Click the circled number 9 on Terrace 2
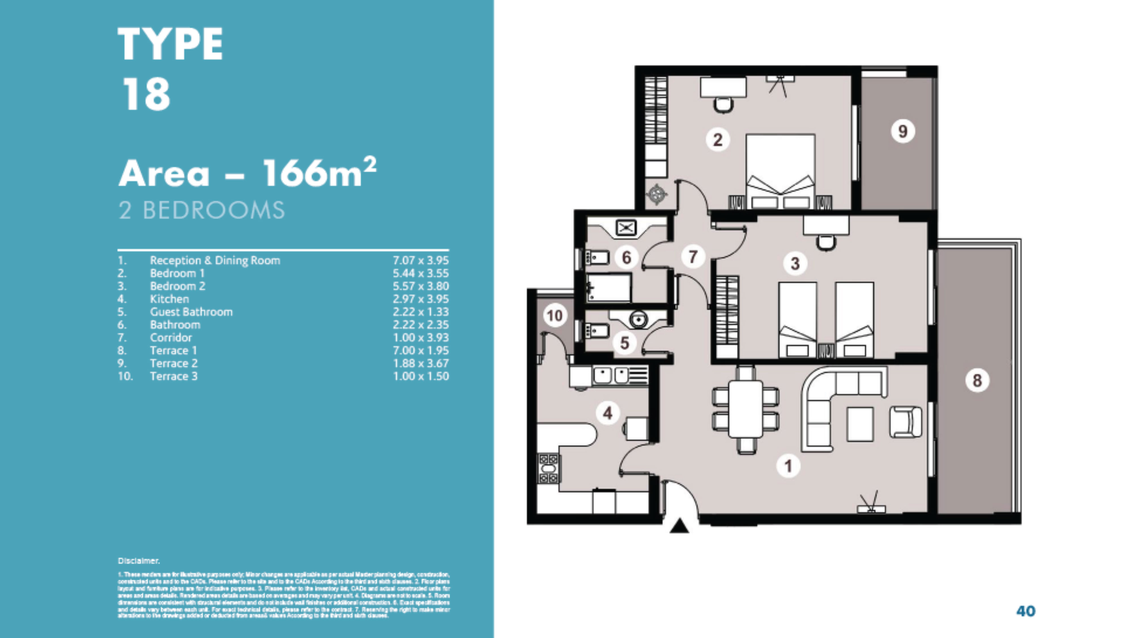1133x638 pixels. [902, 131]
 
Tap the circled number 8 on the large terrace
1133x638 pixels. [977, 380]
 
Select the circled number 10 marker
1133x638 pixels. [554, 316]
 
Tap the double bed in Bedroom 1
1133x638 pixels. [780, 172]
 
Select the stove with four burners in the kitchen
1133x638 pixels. [548, 469]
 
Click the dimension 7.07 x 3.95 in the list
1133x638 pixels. [420, 260]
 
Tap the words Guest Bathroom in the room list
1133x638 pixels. [191, 312]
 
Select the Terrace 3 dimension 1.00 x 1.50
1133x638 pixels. [420, 376]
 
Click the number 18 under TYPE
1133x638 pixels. [146, 94]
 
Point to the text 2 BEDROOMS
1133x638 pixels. [201, 210]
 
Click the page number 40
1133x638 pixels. [1026, 611]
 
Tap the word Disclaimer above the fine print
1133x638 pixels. [139, 561]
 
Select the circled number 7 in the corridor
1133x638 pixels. [693, 256]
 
